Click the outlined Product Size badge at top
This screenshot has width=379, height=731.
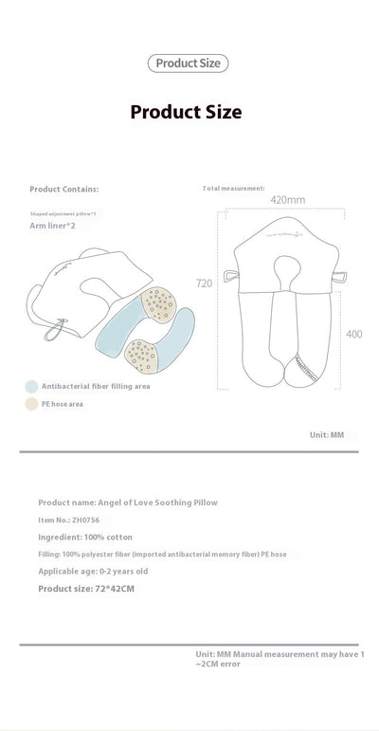(x=188, y=64)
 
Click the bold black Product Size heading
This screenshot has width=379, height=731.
(x=186, y=112)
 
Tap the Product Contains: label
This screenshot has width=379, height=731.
(x=64, y=189)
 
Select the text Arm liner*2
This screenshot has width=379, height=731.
(x=54, y=226)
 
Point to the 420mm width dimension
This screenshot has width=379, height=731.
(x=287, y=200)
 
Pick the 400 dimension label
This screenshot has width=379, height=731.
(x=353, y=334)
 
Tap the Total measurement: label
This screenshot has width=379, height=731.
(x=234, y=189)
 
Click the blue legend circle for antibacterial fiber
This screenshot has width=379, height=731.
(x=31, y=387)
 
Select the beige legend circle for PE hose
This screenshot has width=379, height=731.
(x=31, y=404)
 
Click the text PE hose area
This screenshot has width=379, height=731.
(x=62, y=404)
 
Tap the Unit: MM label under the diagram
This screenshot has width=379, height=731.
(x=327, y=435)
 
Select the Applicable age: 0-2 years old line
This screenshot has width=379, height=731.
(x=93, y=571)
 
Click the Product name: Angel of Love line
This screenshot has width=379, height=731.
(x=127, y=502)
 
